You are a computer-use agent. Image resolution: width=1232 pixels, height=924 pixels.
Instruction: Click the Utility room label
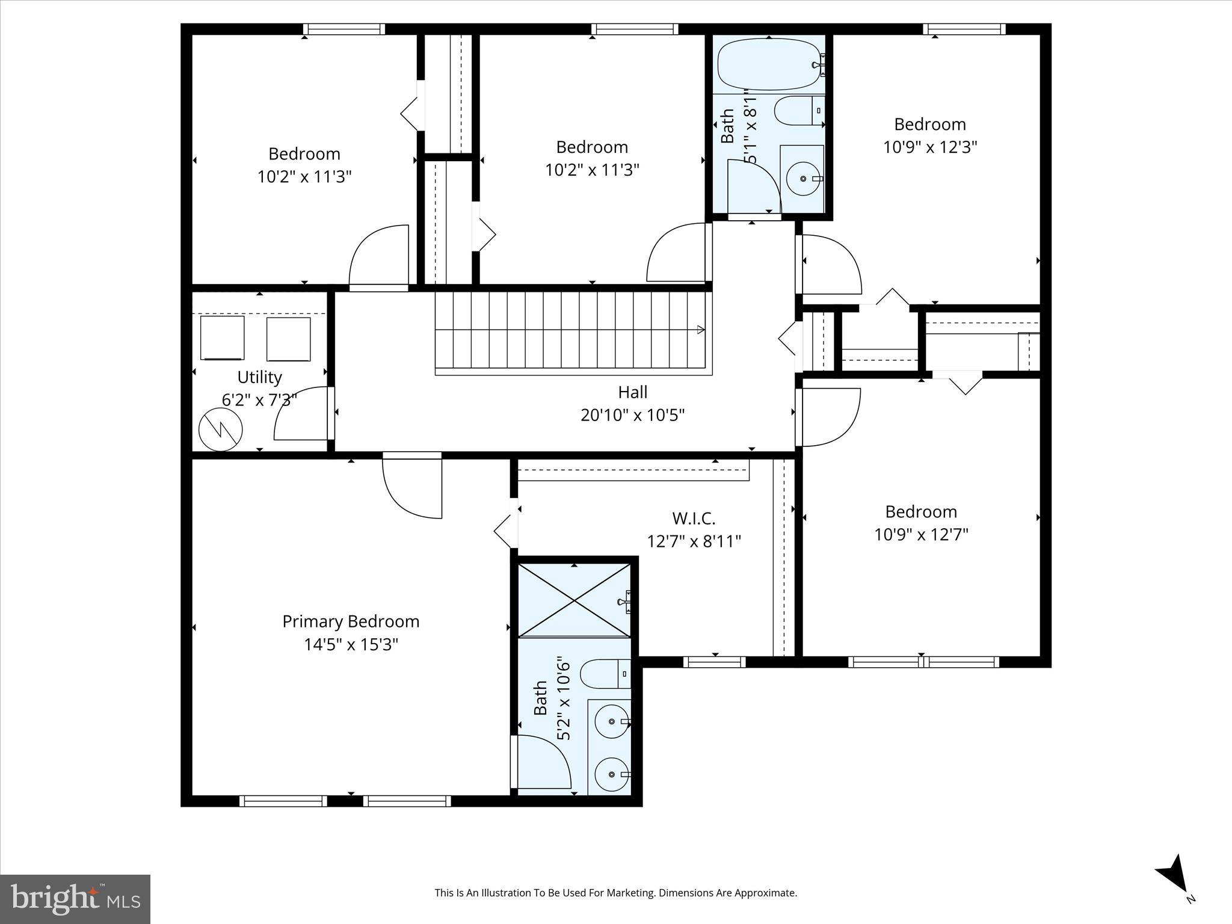(259, 377)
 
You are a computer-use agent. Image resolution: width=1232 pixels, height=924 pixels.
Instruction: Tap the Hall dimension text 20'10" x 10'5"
(633, 415)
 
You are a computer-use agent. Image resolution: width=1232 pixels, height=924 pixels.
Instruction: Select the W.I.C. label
(694, 518)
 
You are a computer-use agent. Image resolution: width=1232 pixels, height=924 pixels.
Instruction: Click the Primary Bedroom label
(351, 621)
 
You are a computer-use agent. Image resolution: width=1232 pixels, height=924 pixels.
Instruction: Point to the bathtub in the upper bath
(769, 65)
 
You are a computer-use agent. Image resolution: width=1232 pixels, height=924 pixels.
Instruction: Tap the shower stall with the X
(574, 600)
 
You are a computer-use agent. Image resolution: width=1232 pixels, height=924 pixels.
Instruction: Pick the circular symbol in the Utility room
(221, 430)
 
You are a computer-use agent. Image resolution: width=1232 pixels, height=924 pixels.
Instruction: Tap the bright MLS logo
(75, 899)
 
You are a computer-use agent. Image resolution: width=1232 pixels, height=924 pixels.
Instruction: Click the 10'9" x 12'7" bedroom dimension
(921, 534)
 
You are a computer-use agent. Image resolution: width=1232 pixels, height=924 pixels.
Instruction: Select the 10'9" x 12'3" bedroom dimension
(930, 147)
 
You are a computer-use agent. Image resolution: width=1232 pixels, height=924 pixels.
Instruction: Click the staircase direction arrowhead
(701, 329)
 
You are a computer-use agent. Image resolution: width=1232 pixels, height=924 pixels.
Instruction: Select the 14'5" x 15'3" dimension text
(351, 644)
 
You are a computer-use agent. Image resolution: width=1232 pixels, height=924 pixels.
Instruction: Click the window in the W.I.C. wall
(715, 662)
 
